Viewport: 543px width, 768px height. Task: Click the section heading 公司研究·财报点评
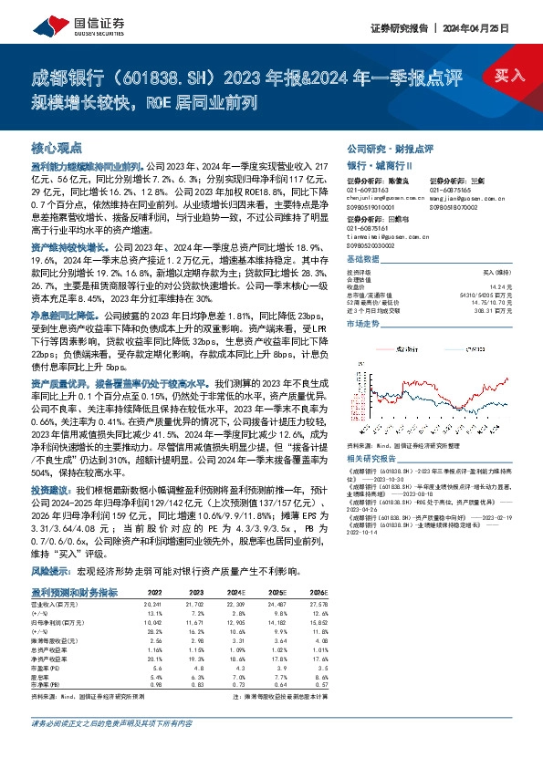click(x=390, y=148)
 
